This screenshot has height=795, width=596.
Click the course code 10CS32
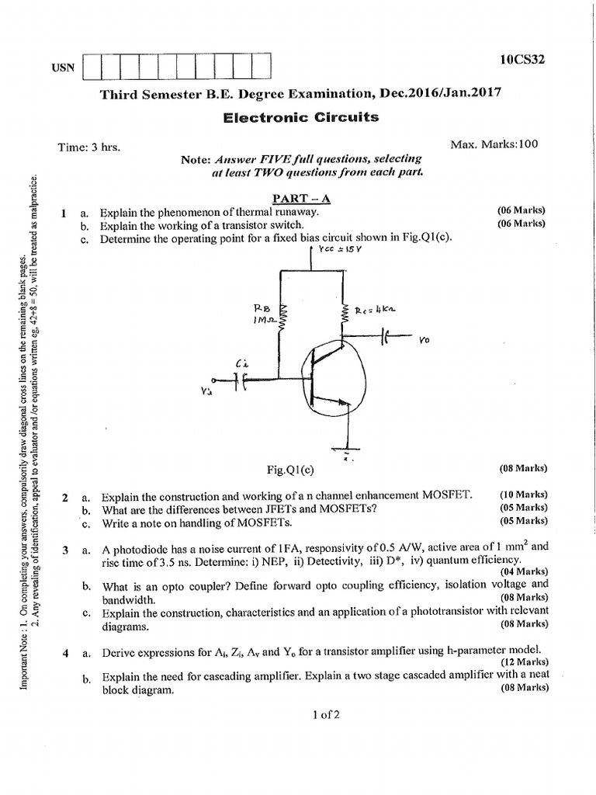click(523, 59)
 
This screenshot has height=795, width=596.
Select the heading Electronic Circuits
click(301, 117)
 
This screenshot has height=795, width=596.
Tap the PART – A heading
click(298, 198)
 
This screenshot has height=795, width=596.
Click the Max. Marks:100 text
click(494, 144)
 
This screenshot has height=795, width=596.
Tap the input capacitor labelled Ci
click(243, 380)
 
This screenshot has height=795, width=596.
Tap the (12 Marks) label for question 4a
click(523, 661)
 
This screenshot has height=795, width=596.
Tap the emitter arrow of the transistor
click(338, 401)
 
